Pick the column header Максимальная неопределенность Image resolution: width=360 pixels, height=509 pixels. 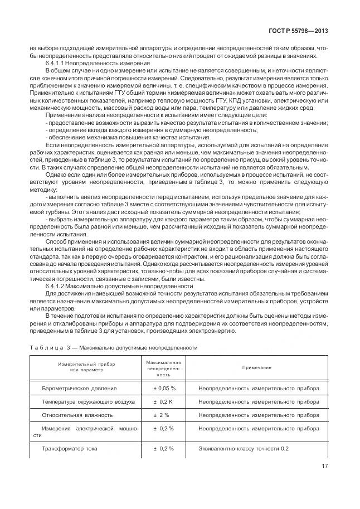tap(163, 369)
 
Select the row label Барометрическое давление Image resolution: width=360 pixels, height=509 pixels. tap(80, 388)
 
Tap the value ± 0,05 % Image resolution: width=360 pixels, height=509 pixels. tap(164, 388)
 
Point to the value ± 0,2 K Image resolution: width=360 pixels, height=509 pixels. tap(164, 401)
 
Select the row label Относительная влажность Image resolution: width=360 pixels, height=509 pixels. tap(77, 415)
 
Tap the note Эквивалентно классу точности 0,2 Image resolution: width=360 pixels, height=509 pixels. tap(244, 448)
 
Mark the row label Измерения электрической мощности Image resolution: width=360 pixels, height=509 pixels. tap(85, 432)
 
